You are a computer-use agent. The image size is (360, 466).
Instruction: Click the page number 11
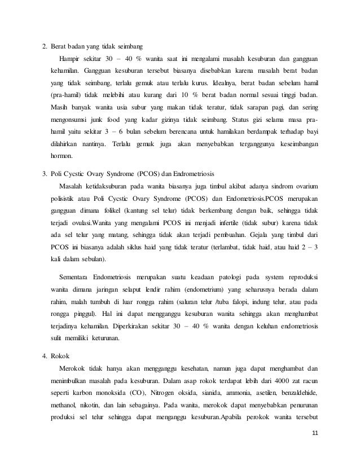pyautogui.click(x=315, y=432)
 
